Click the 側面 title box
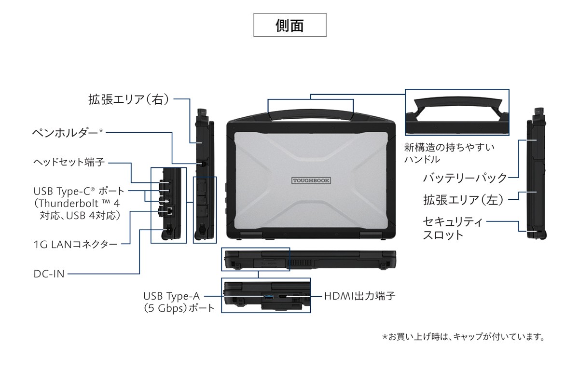(x=290, y=25)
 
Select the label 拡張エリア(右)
(x=129, y=99)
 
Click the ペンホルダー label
(x=68, y=132)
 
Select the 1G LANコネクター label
(x=75, y=244)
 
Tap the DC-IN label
(x=49, y=274)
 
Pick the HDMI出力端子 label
(x=359, y=295)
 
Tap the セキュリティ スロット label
(x=452, y=228)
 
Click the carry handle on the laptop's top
(x=311, y=111)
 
